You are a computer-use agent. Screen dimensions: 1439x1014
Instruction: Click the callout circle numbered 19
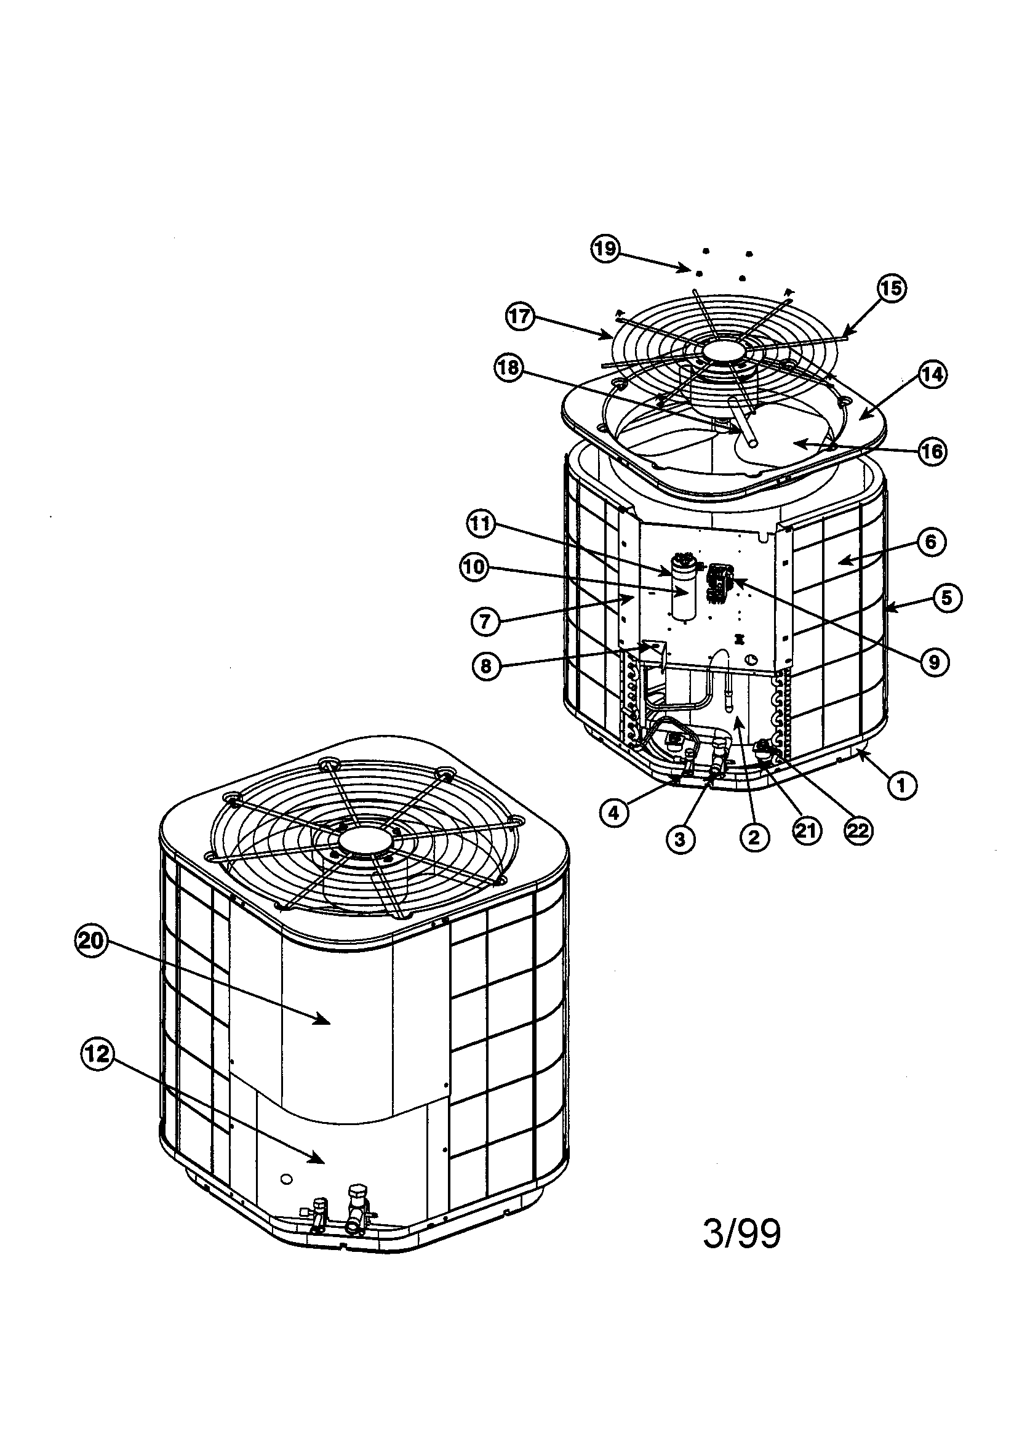(x=605, y=249)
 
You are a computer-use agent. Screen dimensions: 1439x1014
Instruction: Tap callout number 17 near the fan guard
(x=519, y=316)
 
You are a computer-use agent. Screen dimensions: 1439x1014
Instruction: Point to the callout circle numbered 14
(x=932, y=375)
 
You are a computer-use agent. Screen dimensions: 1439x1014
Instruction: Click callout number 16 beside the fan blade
(x=932, y=451)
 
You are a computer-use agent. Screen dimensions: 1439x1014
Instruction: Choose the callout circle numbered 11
(x=481, y=523)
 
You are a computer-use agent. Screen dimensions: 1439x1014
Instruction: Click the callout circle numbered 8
(x=486, y=665)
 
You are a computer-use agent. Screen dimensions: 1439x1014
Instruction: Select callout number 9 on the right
(x=934, y=662)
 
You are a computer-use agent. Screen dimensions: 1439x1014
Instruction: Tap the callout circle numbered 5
(x=946, y=598)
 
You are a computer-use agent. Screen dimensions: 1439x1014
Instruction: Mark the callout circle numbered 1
(x=902, y=784)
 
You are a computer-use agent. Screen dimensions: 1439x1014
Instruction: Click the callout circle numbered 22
(x=858, y=830)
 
